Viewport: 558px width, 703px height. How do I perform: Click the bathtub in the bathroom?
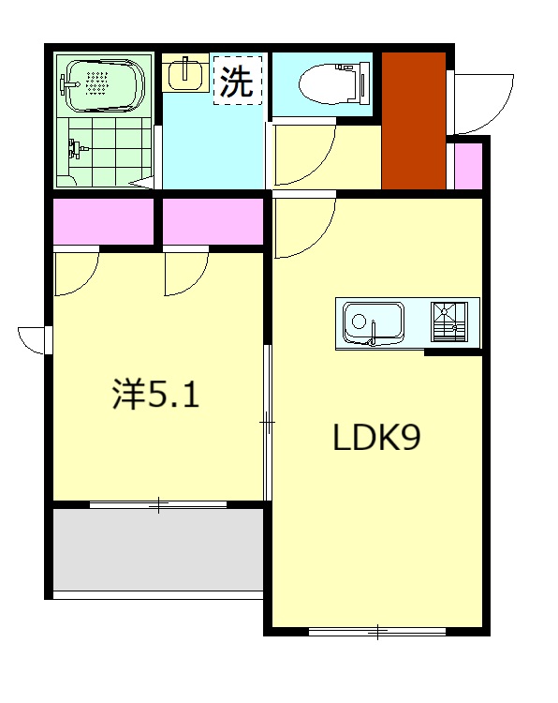tap(102, 84)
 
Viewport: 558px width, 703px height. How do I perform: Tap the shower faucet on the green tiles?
tap(77, 147)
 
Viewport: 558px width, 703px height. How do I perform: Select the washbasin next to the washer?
tap(186, 73)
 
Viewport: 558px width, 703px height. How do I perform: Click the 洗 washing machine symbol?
tap(237, 82)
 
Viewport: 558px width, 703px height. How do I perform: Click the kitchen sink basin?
tap(372, 322)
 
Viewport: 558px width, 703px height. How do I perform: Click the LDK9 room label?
tap(375, 439)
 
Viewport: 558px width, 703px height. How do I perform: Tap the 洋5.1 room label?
tap(155, 396)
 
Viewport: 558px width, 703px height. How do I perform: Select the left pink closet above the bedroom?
tap(103, 221)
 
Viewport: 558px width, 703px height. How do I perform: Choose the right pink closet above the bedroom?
tap(213, 221)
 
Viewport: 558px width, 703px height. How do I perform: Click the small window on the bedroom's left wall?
tap(36, 339)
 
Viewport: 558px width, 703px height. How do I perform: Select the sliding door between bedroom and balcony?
tap(159, 505)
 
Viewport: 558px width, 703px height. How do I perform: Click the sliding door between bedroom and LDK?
tap(267, 424)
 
